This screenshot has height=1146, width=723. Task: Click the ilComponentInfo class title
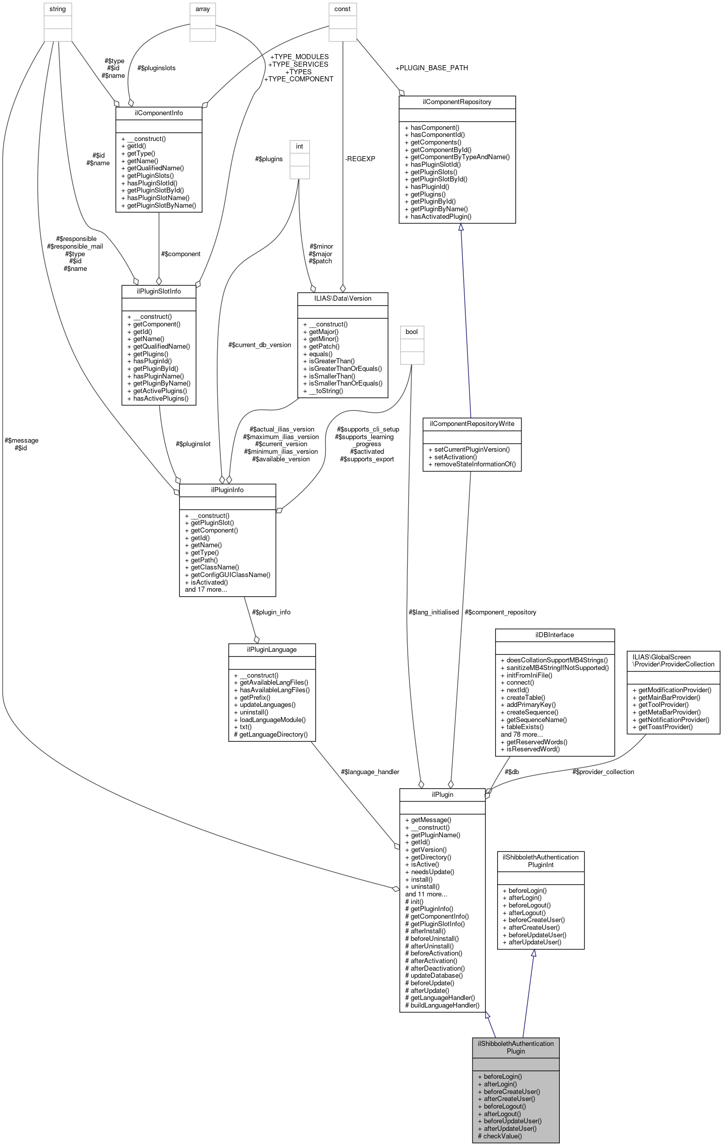(x=159, y=113)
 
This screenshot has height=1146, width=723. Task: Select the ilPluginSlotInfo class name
(x=159, y=292)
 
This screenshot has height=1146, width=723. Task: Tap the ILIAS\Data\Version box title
(x=343, y=299)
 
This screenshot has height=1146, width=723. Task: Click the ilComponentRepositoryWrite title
(x=472, y=423)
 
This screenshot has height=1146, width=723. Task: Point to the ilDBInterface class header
(x=554, y=635)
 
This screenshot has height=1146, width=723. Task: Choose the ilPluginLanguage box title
(x=272, y=650)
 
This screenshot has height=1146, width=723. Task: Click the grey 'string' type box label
(x=58, y=9)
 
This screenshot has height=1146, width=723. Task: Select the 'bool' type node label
(x=412, y=332)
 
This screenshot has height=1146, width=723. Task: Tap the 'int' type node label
(x=300, y=147)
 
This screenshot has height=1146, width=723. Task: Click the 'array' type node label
(x=203, y=9)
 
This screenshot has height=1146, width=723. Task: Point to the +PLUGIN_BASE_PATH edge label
(x=431, y=68)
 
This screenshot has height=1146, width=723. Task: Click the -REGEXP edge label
(x=360, y=159)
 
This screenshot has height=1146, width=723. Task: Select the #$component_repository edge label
(x=500, y=612)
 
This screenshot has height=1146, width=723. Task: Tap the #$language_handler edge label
(x=370, y=772)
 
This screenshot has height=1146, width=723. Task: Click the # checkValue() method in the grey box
(x=500, y=1136)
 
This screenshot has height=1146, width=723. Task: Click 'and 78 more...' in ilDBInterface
(x=521, y=734)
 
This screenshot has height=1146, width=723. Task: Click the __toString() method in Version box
(x=326, y=391)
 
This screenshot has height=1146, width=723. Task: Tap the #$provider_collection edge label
(x=603, y=772)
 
